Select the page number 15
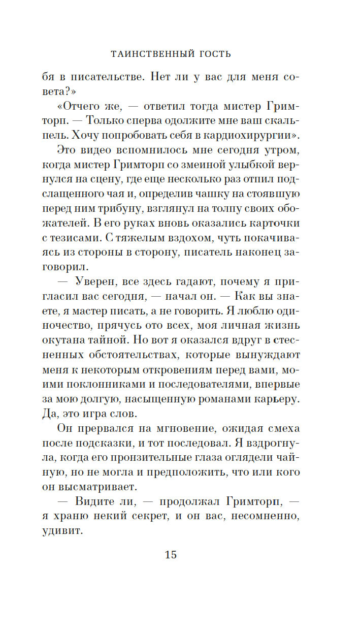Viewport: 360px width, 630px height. tap(171, 554)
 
